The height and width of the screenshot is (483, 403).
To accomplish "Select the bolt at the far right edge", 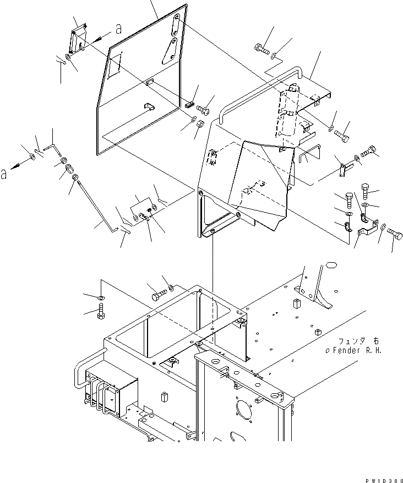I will (x=394, y=235).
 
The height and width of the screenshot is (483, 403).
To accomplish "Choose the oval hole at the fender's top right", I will (x=331, y=265).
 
